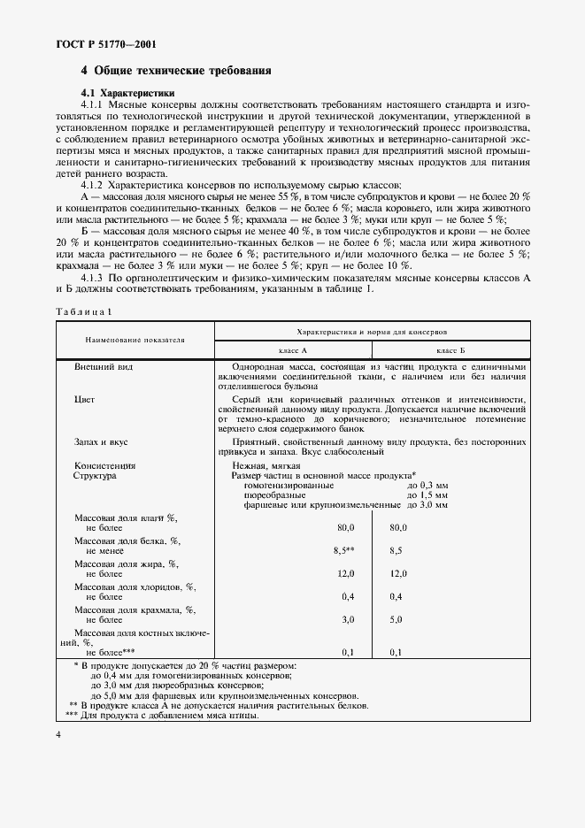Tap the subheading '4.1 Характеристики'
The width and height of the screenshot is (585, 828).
pyautogui.click(x=127, y=93)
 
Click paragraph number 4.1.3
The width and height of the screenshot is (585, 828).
pyautogui.click(x=98, y=277)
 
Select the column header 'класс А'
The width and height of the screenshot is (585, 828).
pyautogui.click(x=292, y=350)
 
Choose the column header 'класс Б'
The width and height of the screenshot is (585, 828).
pyautogui.click(x=450, y=350)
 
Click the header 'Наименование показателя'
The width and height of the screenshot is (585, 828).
pyautogui.click(x=135, y=340)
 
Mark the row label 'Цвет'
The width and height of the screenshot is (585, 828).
pyautogui.click(x=84, y=399)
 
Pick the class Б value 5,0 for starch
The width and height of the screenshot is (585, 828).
pyautogui.click(x=396, y=619)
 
